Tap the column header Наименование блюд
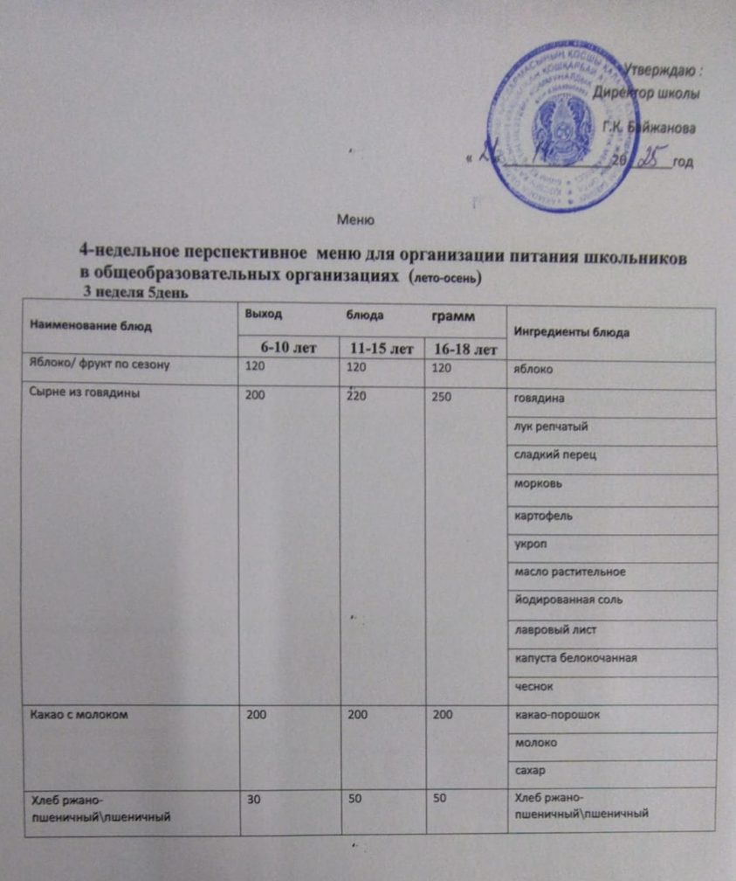(91, 326)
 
